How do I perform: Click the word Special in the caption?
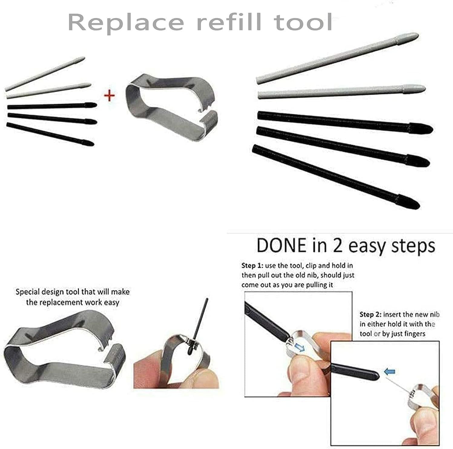tap(28, 292)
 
